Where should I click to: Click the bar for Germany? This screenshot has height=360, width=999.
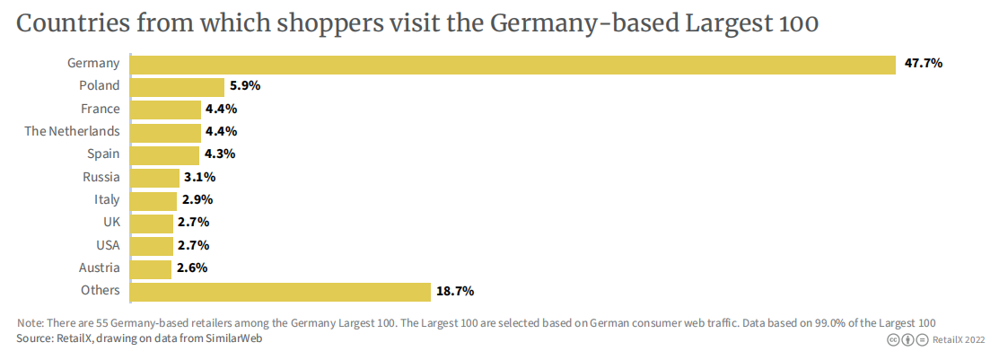click(513, 65)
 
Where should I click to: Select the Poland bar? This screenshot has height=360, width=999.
click(177, 87)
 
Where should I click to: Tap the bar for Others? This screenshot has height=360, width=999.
click(280, 292)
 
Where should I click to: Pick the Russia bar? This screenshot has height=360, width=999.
click(154, 178)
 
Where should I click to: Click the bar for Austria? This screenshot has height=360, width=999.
click(151, 268)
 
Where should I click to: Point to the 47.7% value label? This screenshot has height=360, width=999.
click(923, 64)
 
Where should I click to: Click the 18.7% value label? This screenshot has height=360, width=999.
click(455, 292)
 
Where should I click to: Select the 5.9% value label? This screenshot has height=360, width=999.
click(244, 87)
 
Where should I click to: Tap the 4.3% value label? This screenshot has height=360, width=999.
click(221, 154)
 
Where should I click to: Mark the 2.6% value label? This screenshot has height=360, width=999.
click(191, 268)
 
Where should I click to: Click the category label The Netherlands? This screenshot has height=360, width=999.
click(72, 131)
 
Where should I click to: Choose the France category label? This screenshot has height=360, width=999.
click(100, 109)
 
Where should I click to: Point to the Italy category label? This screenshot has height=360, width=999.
click(107, 199)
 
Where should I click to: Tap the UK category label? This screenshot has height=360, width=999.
click(111, 222)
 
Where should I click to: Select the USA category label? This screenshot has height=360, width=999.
click(107, 245)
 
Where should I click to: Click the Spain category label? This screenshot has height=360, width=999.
click(103, 154)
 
